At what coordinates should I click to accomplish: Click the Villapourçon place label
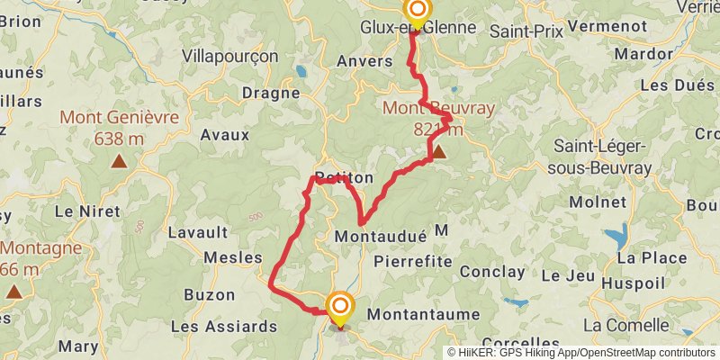229,56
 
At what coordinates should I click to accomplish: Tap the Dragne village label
270,93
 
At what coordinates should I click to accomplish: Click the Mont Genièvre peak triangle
119,162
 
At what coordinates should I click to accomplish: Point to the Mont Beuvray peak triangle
438,152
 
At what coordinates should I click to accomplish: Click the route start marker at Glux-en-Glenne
418,12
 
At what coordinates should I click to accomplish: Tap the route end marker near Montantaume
340,309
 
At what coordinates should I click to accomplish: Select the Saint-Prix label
526,31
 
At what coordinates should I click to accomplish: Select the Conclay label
491,272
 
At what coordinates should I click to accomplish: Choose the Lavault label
196,232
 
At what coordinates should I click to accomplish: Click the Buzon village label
209,294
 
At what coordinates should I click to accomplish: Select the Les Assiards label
223,326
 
